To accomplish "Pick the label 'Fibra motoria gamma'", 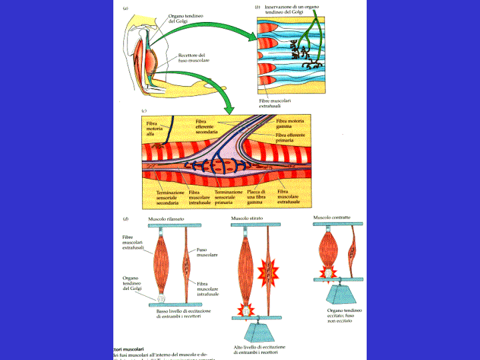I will (289, 124).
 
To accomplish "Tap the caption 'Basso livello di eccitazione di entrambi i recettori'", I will (179, 314).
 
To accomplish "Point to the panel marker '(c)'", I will (145, 111).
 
